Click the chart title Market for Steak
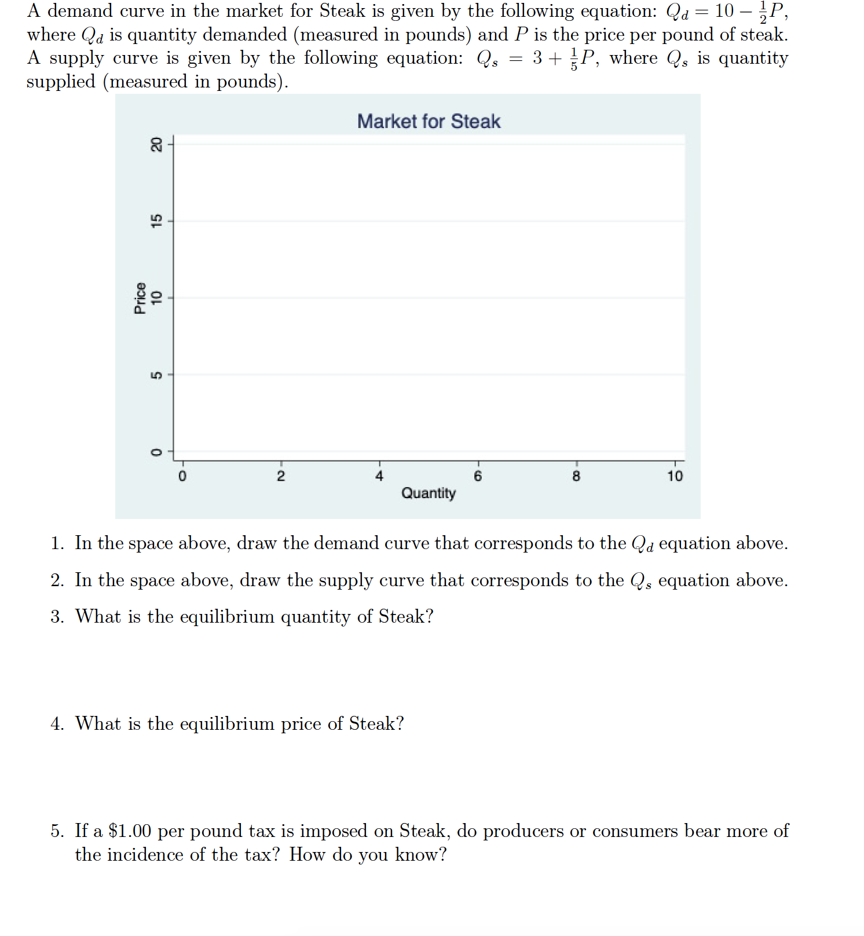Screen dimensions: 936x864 [429, 121]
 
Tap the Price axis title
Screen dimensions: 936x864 [140, 298]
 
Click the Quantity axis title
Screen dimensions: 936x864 [429, 493]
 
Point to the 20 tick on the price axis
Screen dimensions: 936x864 [156, 144]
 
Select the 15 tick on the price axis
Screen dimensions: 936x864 [156, 221]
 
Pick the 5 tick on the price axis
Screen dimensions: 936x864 [156, 375]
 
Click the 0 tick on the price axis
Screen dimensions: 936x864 [156, 452]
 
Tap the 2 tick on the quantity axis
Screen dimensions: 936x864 [281, 476]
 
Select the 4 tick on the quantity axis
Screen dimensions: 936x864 [379, 476]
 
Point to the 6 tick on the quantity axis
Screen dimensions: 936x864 [478, 476]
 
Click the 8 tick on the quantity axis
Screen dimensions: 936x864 [576, 476]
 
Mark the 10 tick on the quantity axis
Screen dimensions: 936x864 [675, 476]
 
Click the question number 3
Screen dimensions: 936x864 [56, 617]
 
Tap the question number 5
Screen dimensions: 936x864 [56, 831]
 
